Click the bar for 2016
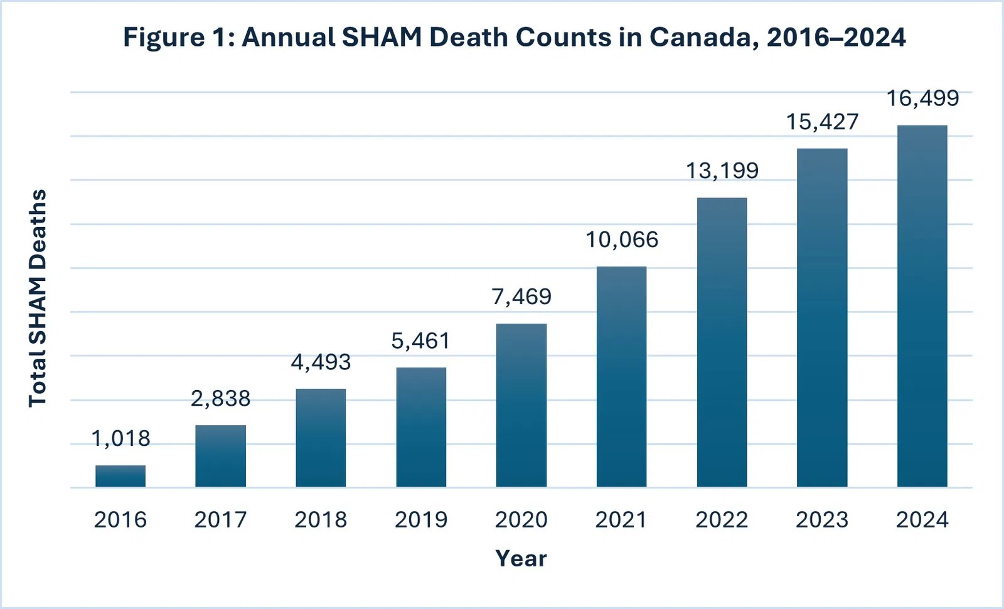point(120,476)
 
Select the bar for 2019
point(421,427)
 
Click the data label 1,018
point(120,438)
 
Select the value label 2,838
point(220,398)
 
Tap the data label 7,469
point(521,297)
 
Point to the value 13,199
point(722,171)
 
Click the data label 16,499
point(922,98)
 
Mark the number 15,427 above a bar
point(822,122)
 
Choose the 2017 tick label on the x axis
point(220,520)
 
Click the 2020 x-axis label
point(521,520)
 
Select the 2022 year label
point(722,520)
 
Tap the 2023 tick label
point(822,520)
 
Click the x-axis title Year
point(521,558)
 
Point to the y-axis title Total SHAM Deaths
point(38,298)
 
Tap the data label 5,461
point(421,341)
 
